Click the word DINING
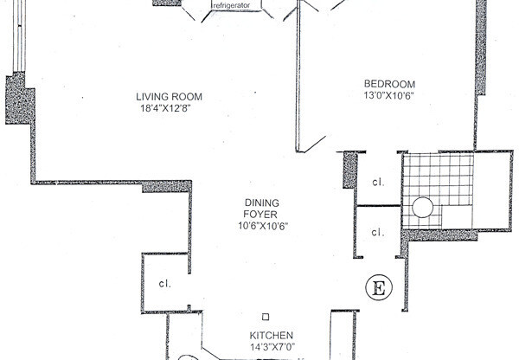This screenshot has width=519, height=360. pyautogui.click(x=259, y=204)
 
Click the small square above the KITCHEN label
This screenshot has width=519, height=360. pyautogui.click(x=266, y=318)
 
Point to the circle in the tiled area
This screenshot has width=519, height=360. pyautogui.click(x=422, y=208)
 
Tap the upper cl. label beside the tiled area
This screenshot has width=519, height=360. pyautogui.click(x=378, y=183)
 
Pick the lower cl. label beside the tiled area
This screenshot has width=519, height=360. pyautogui.click(x=378, y=232)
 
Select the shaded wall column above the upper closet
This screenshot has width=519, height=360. pyautogui.click(x=350, y=170)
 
